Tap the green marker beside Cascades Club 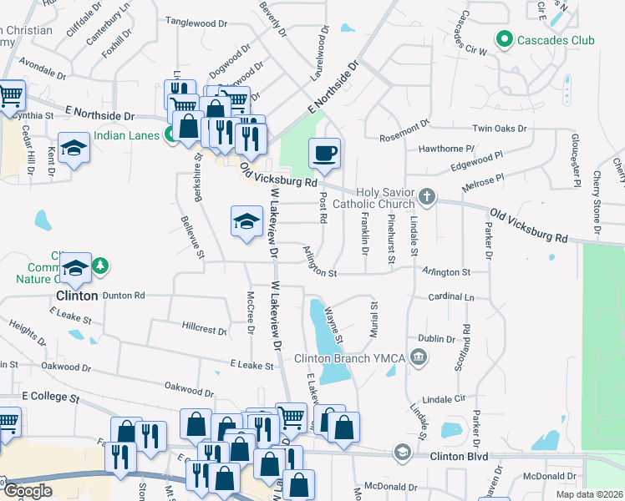(x=504, y=38)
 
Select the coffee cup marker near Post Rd (x=325, y=153)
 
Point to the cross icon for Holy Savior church (x=427, y=197)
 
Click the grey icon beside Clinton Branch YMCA (x=419, y=358)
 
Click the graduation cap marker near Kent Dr (x=74, y=148)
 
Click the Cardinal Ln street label (x=450, y=296)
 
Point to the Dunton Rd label (x=124, y=295)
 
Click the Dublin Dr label (x=437, y=339)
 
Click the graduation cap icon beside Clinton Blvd (x=402, y=453)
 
